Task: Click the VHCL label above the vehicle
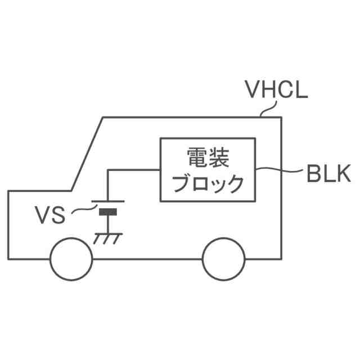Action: point(276,90)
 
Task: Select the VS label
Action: point(51,215)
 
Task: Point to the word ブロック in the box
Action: point(208,183)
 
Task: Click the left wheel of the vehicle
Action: point(71,258)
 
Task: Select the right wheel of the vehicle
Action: point(223,258)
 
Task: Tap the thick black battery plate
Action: point(109,212)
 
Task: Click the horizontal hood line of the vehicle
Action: point(39,191)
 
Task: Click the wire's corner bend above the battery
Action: point(109,169)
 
